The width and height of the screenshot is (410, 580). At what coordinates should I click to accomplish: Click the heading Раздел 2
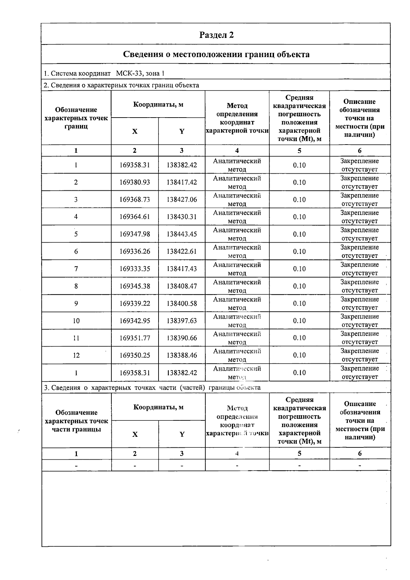coord(216,35)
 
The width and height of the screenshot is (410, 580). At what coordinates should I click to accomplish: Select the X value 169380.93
coord(135,183)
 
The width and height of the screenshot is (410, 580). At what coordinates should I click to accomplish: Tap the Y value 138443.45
coord(182,234)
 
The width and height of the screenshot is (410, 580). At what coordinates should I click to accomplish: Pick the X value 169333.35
coord(135,269)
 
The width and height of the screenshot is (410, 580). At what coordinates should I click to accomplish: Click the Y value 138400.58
coord(182,304)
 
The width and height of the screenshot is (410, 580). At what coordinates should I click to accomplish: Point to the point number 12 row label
coord(76,355)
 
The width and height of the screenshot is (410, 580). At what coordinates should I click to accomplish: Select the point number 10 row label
coord(76,321)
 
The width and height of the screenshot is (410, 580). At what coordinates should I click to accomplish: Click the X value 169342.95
coord(135,321)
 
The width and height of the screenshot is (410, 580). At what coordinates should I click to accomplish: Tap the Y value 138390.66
coord(182,338)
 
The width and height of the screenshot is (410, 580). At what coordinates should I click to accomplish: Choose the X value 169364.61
coord(135,217)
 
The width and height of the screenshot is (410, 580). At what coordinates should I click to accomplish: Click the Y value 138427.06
coord(182,200)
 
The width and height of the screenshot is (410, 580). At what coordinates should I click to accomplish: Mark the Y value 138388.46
coord(182,355)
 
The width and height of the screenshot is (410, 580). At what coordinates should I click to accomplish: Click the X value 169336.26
coord(135,252)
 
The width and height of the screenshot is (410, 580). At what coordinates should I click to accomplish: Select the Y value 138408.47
coord(182,286)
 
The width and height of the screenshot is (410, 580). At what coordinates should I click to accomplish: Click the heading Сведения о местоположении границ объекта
coord(216,54)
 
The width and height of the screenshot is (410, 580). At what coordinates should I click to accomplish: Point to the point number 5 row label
coord(76,234)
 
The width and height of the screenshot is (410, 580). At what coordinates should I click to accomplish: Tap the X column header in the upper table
coord(135,131)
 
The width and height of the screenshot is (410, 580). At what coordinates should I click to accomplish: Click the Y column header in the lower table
coord(182,434)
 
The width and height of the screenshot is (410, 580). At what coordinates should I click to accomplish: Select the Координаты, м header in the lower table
coord(158,407)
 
